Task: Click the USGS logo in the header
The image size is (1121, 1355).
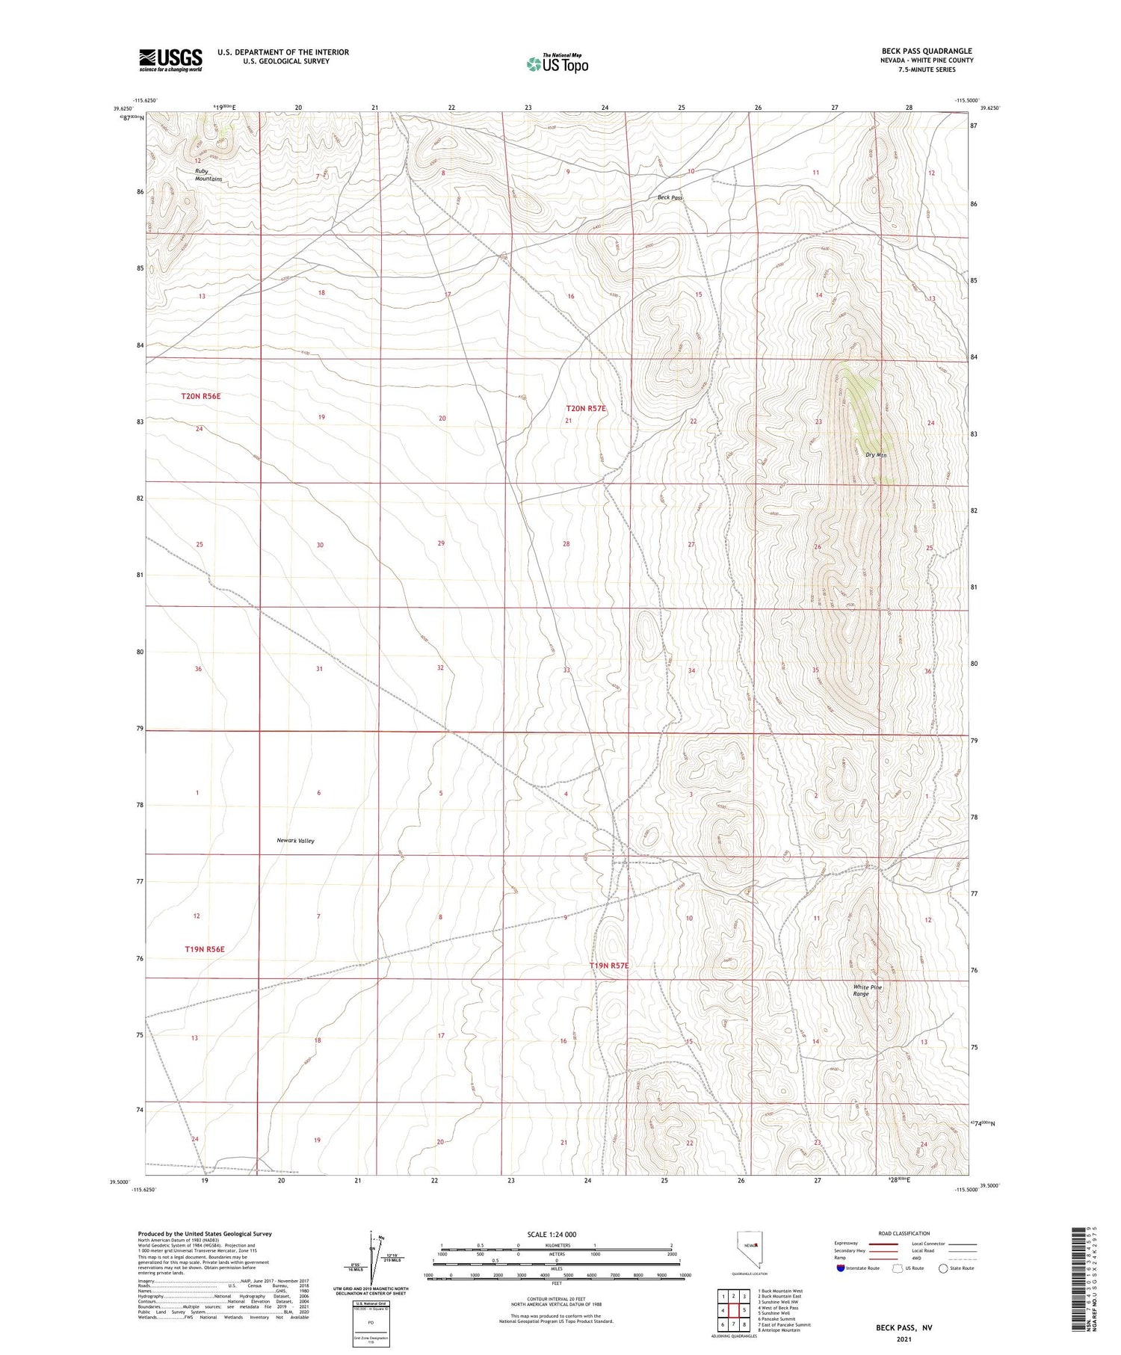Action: coord(170,60)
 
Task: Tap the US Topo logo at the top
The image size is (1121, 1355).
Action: coord(557,64)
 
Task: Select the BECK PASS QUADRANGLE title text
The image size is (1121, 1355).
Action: coord(927,51)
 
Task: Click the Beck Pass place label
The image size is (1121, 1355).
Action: coord(670,198)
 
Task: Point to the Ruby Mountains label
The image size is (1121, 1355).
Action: coord(209,175)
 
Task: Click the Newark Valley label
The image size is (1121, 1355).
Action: coord(296,841)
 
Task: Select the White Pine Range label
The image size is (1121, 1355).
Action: coord(868,991)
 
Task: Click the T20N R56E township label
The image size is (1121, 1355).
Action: coord(201,396)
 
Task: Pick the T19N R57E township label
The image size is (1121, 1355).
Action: coord(609,966)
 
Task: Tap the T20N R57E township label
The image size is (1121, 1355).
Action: coord(586,409)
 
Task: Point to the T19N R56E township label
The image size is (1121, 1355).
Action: coord(205,949)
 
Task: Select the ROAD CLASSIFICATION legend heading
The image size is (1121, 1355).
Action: coord(904,1233)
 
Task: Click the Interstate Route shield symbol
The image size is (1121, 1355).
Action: coord(841,1268)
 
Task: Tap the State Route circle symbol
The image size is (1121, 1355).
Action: coord(943,1268)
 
